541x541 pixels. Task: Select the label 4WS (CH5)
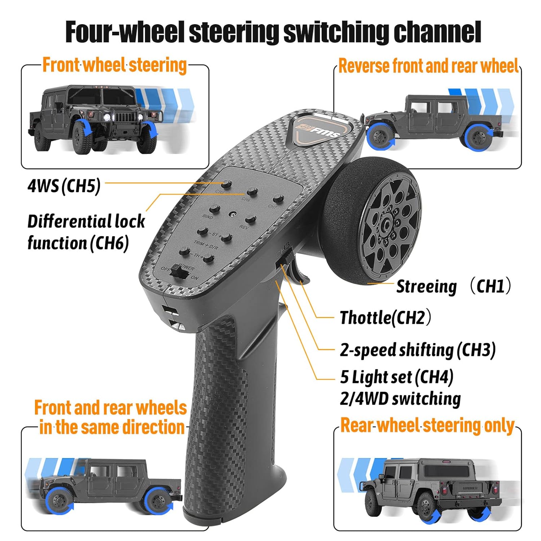[x=64, y=186]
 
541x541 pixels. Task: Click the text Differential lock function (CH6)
[x=86, y=232]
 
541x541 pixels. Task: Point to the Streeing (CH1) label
[x=453, y=286]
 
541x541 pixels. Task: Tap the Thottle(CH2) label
[x=385, y=318]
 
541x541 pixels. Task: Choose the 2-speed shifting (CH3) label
[x=418, y=350]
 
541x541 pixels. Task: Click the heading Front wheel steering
[x=114, y=66]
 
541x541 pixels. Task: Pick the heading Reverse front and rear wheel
[x=428, y=66]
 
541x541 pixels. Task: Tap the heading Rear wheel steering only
[x=427, y=426]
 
